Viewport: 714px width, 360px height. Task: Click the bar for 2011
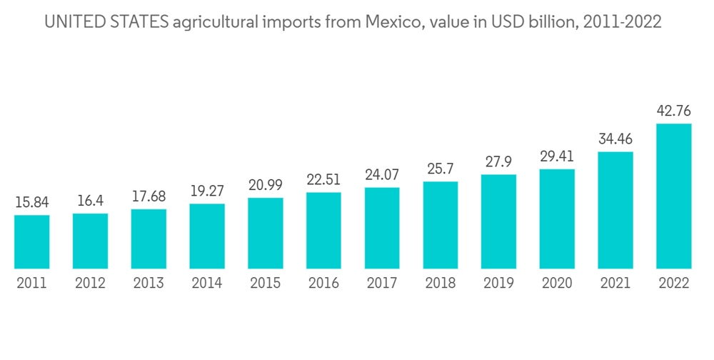click(x=32, y=241)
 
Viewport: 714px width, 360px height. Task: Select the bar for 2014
click(x=207, y=236)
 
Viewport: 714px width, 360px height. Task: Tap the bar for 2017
click(x=382, y=228)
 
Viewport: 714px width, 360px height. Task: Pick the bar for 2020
click(x=557, y=219)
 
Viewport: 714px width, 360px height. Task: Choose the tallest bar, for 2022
click(x=673, y=196)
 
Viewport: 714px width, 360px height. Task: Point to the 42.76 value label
click(x=673, y=111)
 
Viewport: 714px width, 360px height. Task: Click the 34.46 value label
click(x=615, y=139)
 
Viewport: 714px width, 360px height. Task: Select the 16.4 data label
click(x=91, y=201)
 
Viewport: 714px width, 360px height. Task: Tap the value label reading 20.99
click(x=266, y=185)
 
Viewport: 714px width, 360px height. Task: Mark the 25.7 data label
click(x=441, y=169)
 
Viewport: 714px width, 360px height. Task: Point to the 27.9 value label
click(x=498, y=162)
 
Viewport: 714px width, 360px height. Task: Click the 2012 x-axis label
click(x=91, y=284)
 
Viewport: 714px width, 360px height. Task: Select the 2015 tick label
click(x=266, y=284)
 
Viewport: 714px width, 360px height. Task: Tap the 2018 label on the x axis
click(x=441, y=284)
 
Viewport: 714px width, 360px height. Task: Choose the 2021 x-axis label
click(x=615, y=284)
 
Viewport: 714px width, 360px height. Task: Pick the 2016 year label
click(x=323, y=284)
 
